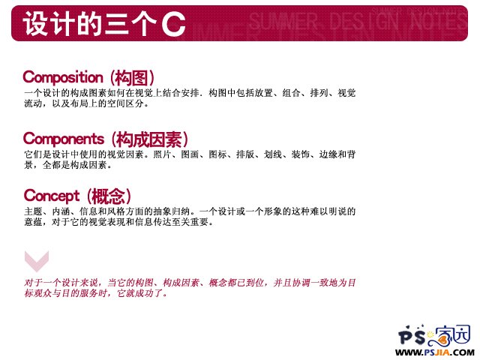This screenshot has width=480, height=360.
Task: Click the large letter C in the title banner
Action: coord(173,24)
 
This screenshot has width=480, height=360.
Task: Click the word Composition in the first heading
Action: coord(63,77)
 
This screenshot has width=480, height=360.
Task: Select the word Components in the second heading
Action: coord(63,139)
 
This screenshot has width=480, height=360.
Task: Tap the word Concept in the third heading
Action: coord(52,196)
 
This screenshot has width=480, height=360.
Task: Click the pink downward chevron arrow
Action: coord(37,261)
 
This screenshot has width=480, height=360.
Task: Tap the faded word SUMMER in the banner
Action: coord(283,21)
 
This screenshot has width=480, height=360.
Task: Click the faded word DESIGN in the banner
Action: coord(364,21)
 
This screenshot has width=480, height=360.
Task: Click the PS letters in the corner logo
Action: coord(412,336)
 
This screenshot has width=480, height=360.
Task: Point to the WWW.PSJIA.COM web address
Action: coord(435,352)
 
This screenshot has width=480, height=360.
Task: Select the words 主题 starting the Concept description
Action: coord(33,211)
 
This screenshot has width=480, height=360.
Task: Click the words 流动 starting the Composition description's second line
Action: coord(33,103)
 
